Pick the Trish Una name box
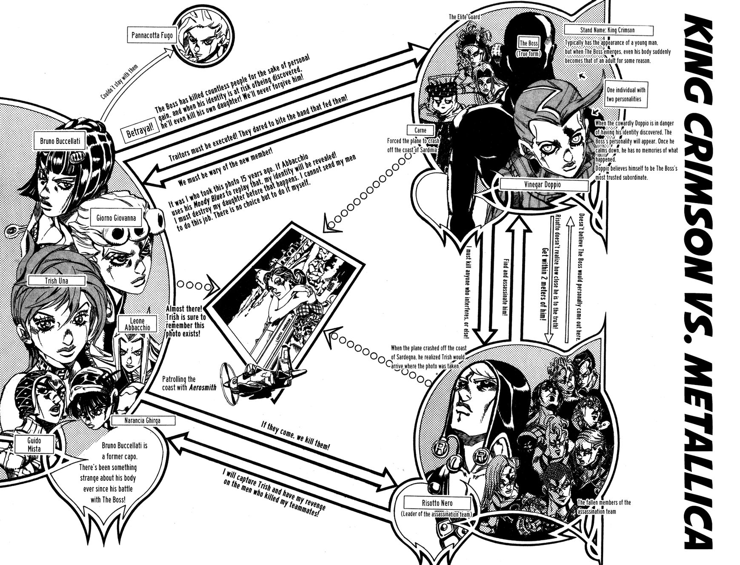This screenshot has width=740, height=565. [x=54, y=281]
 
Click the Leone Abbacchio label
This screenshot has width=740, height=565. [x=135, y=324]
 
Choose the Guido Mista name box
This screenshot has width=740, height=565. [x=35, y=444]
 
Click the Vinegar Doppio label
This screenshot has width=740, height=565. [x=538, y=185]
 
